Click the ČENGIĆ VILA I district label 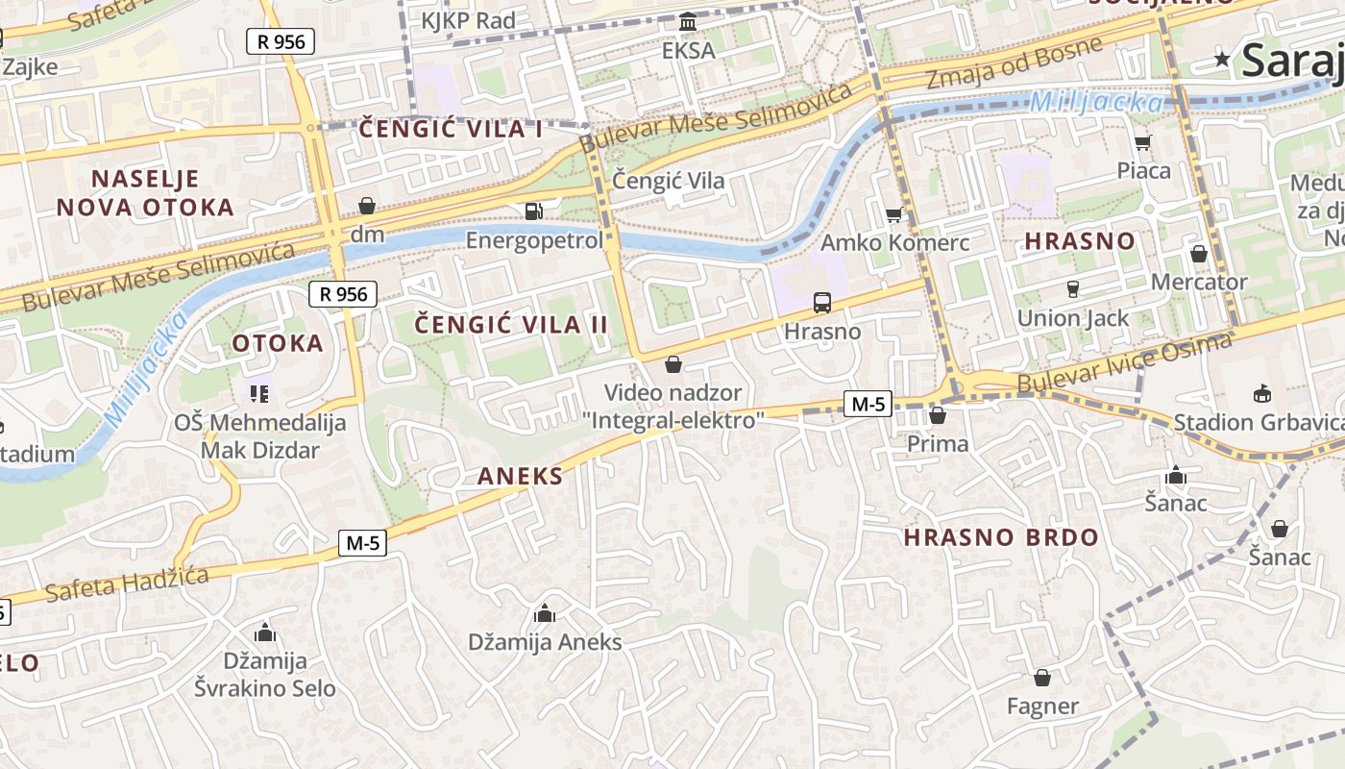click(x=451, y=130)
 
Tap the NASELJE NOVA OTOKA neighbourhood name click(x=145, y=193)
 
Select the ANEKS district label click(x=520, y=475)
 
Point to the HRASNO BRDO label click(x=1001, y=538)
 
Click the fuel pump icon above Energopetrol click(x=533, y=211)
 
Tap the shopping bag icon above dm click(x=366, y=206)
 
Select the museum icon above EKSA click(x=688, y=21)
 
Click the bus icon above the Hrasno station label click(x=822, y=303)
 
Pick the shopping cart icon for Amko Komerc click(x=894, y=214)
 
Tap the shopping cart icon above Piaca click(x=1142, y=143)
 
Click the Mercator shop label click(x=1199, y=282)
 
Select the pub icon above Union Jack click(x=1073, y=288)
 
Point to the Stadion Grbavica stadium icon click(x=1261, y=393)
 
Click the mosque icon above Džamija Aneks click(x=545, y=612)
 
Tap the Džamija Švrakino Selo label click(x=265, y=675)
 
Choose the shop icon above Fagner click(x=1042, y=678)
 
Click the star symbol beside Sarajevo click(x=1222, y=60)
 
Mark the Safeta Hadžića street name click(x=127, y=583)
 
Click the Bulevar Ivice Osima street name click(x=1124, y=363)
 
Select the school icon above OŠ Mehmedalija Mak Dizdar click(x=259, y=393)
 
